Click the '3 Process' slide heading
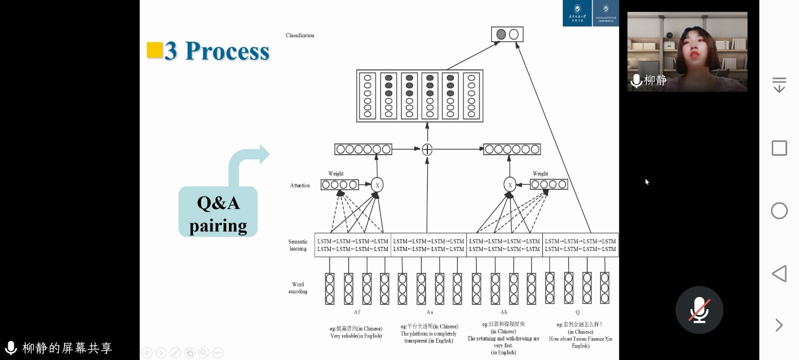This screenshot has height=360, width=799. [x=217, y=52]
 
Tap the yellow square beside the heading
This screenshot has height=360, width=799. [x=154, y=50]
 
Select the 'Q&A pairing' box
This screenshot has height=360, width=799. [x=218, y=213]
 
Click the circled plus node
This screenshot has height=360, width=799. [x=427, y=149]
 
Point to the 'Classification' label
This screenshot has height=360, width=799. [x=300, y=36]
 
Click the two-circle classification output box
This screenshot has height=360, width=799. [x=507, y=34]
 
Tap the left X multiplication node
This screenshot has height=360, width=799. [x=377, y=185]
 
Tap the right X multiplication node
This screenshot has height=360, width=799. [x=510, y=185]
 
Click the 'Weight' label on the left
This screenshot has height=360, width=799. [x=336, y=174]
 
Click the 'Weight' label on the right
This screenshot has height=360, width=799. [x=540, y=174]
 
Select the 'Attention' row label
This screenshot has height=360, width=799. [x=300, y=185]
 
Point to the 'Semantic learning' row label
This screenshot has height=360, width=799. [x=298, y=245]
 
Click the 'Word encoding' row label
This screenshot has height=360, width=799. [x=298, y=288]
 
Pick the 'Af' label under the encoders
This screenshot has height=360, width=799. [x=357, y=312]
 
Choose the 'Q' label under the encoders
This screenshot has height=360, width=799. [x=578, y=312]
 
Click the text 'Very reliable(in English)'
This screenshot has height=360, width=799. [x=356, y=336]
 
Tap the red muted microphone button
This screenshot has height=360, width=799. [x=699, y=310]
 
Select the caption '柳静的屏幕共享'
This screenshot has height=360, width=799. [x=67, y=348]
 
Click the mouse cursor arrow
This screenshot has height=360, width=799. [x=647, y=182]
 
